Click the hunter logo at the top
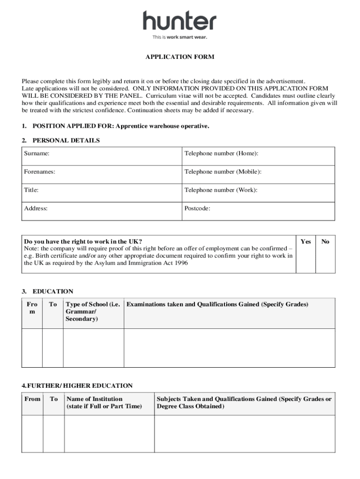pos(180,22)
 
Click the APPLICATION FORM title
pos(180,57)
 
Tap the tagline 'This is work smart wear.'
pos(180,37)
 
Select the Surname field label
pos(37,153)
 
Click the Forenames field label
pos(40,172)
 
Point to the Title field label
pos(31,190)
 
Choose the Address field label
pos(36,208)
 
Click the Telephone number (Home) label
pos(221,153)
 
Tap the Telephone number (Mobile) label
pos(223,172)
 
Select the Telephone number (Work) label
pos(221,190)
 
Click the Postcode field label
pos(197,208)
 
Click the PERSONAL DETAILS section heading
pos(66,140)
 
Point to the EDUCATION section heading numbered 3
pos(53,291)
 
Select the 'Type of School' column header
pos(93,312)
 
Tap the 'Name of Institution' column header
pos(104,403)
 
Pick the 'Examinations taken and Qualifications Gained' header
pos(217,305)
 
